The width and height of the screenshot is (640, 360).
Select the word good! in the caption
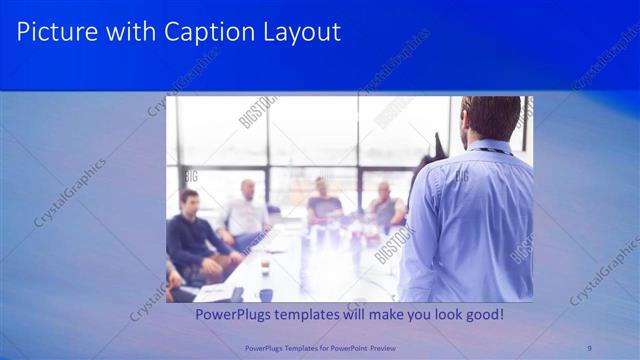pyautogui.click(x=480, y=315)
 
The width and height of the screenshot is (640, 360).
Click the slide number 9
pyautogui.click(x=589, y=347)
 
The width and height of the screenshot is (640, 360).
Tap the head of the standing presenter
pyautogui.click(x=491, y=118)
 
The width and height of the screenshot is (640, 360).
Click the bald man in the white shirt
pyautogui.click(x=246, y=210)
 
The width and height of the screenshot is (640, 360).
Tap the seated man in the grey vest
pyautogui.click(x=385, y=205)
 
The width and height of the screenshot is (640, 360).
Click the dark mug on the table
pyautogui.click(x=266, y=294)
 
